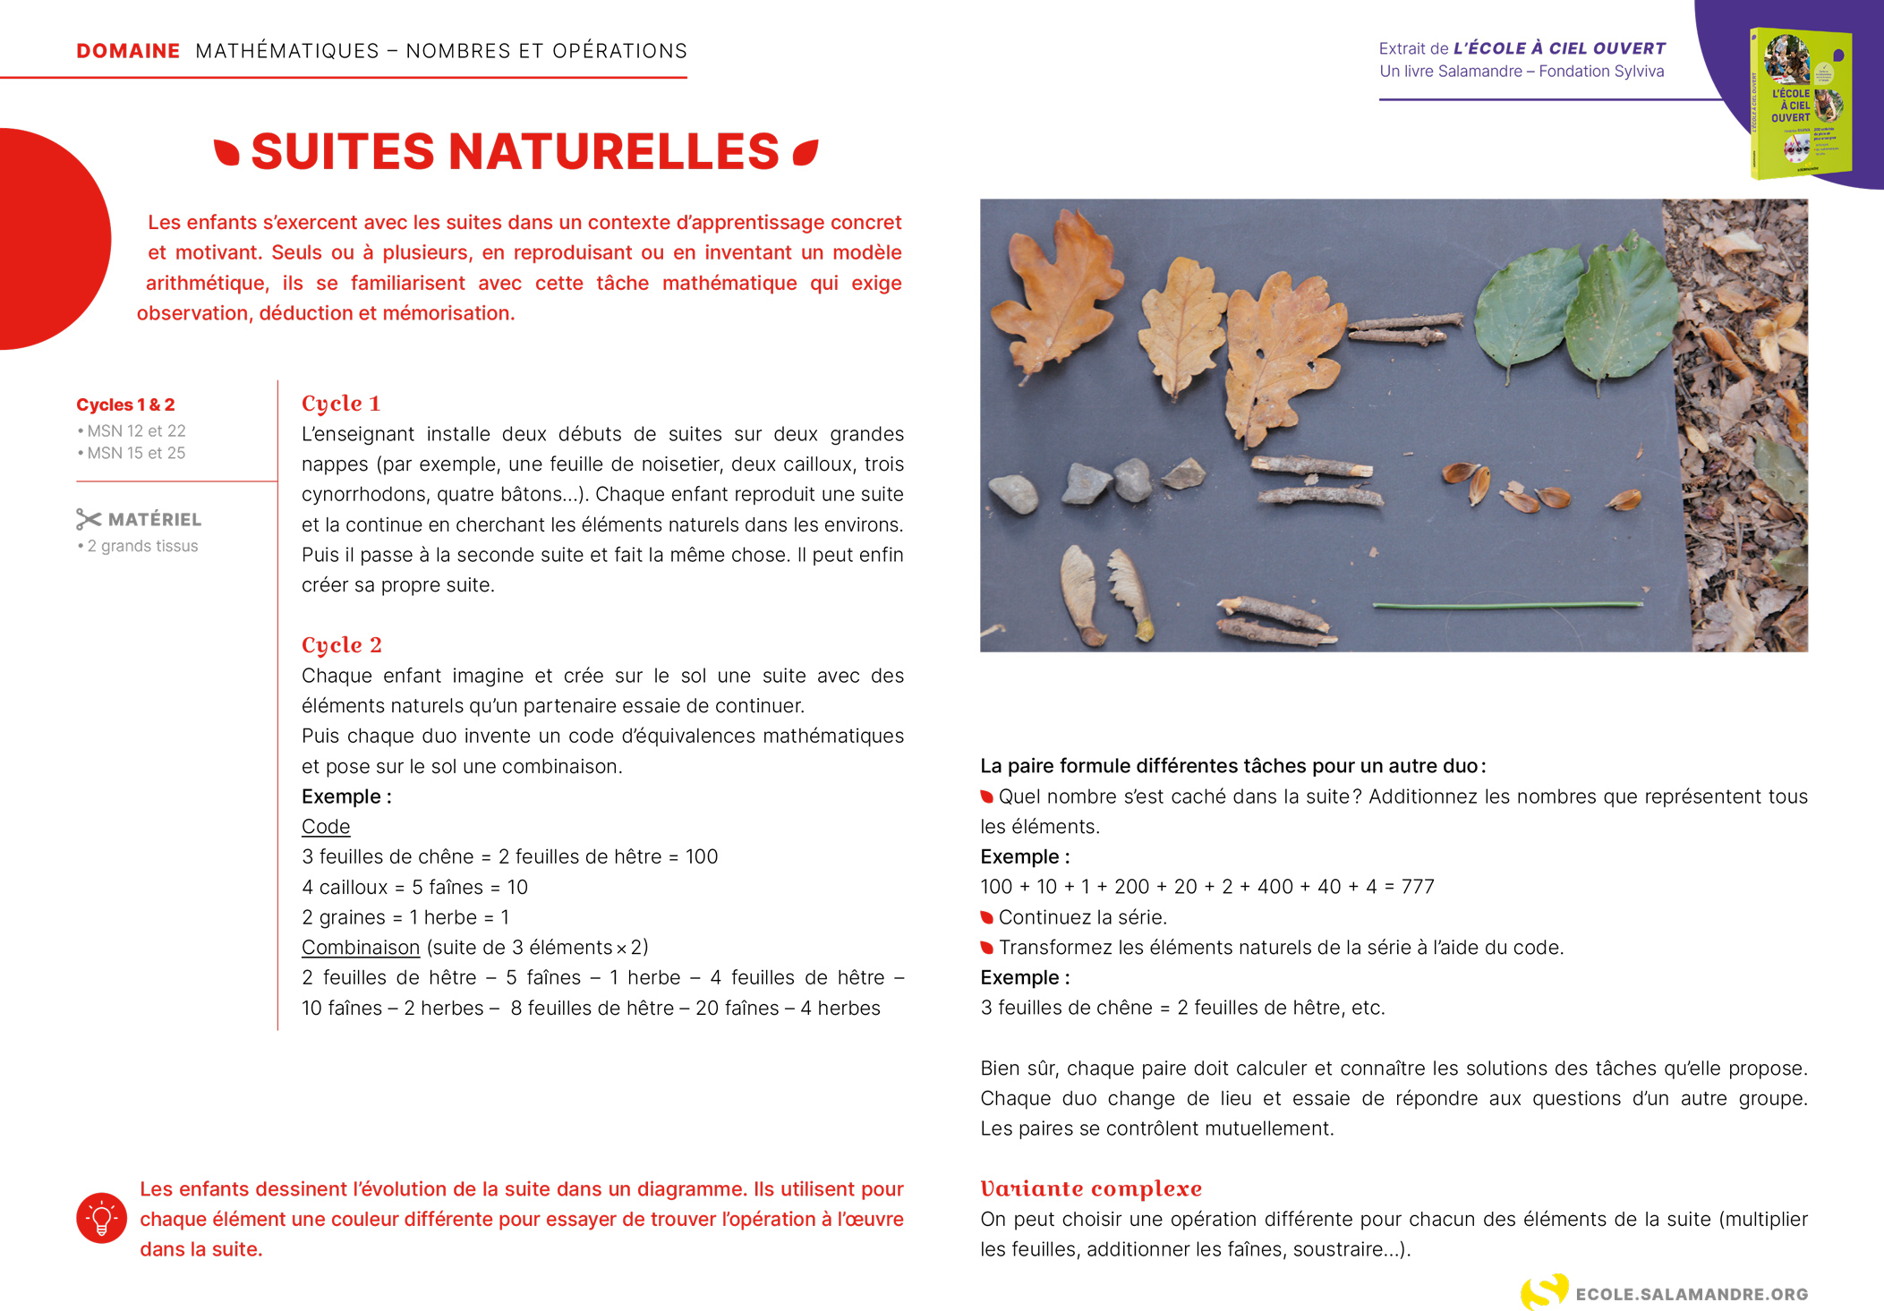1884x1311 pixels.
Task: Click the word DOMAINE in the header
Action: tap(128, 51)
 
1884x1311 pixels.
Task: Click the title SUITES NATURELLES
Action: tap(515, 151)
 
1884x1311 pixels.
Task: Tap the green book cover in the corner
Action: tap(1799, 103)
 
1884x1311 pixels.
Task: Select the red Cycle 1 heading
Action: tap(341, 404)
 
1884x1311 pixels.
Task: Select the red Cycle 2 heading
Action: tap(341, 645)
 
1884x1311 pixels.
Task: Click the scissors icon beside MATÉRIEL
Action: tap(89, 519)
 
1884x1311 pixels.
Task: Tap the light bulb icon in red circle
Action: tap(101, 1218)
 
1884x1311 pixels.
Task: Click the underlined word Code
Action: tap(326, 826)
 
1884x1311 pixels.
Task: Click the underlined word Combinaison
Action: tap(360, 947)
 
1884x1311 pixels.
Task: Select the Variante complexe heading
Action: tap(1090, 1188)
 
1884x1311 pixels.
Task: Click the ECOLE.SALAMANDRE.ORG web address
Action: tap(1692, 1294)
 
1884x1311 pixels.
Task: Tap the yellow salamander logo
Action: tap(1543, 1291)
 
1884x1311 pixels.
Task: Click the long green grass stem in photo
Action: tap(1507, 606)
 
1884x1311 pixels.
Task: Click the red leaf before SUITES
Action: tap(227, 152)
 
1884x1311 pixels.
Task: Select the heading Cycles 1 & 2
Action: tap(125, 404)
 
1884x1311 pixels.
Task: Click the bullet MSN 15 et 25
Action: tap(135, 453)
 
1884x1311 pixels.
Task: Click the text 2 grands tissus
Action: tap(141, 546)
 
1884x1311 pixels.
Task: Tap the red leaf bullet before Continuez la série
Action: tap(986, 917)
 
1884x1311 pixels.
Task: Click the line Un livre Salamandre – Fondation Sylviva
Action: tap(1521, 72)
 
